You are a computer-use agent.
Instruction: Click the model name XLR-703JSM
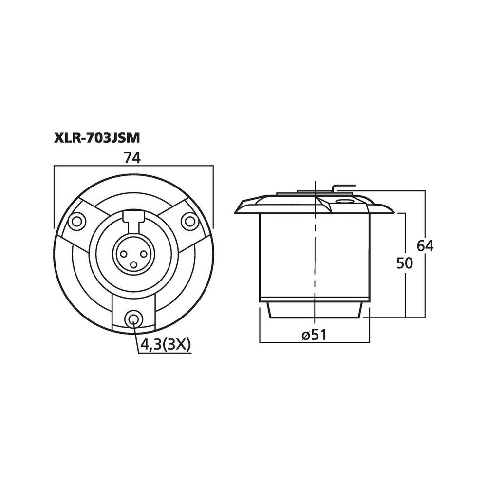click(97, 138)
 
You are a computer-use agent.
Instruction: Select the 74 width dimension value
click(132, 158)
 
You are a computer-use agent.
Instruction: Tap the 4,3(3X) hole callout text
click(165, 345)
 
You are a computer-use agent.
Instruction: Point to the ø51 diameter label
click(314, 335)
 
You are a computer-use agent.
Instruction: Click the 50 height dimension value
click(403, 263)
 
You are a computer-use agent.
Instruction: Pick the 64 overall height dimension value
click(424, 246)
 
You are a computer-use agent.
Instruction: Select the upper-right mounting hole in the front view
click(188, 222)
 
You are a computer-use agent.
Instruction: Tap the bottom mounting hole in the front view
click(132, 319)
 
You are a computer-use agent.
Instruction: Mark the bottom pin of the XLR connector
click(132, 264)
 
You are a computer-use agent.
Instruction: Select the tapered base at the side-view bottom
click(314, 310)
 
